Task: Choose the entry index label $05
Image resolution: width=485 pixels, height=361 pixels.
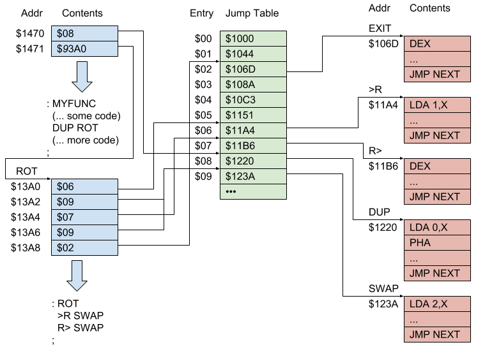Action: (203, 115)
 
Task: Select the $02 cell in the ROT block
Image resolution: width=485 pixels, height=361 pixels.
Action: (86, 247)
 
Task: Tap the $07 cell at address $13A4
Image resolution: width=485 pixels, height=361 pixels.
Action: (86, 217)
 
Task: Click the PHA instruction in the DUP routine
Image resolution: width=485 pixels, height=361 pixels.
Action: (438, 242)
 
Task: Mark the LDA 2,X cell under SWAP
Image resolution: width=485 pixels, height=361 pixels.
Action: (438, 304)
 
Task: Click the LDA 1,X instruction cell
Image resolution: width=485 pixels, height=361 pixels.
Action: (438, 105)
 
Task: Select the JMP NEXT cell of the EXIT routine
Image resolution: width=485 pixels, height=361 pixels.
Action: (438, 74)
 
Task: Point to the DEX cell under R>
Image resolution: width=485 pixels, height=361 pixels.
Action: (438, 166)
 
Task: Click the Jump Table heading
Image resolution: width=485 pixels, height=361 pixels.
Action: (252, 13)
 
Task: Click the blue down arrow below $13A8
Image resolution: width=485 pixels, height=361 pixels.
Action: (77, 276)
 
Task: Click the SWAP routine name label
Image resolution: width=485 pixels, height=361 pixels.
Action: (384, 288)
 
